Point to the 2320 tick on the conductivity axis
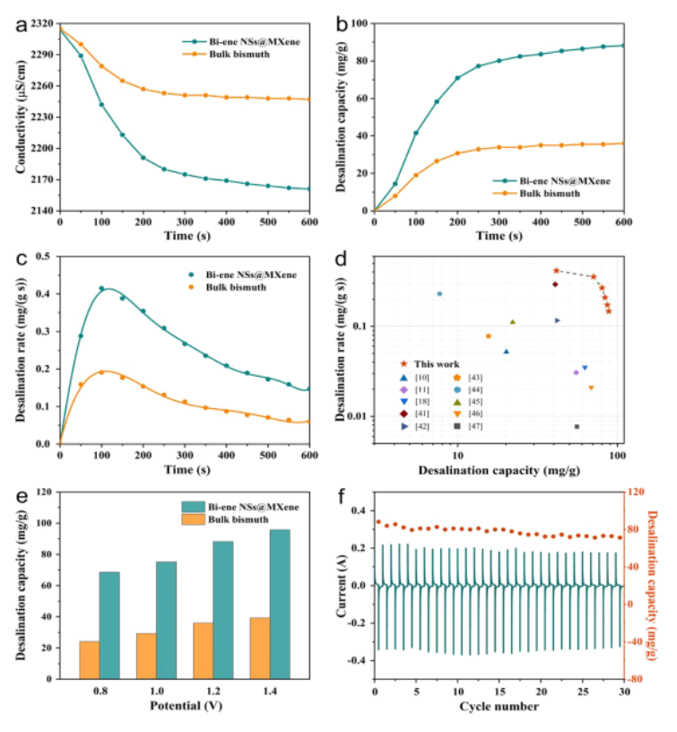(x=41, y=27)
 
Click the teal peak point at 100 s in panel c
(x=101, y=288)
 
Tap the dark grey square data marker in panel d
(x=577, y=426)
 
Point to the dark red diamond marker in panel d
(x=555, y=284)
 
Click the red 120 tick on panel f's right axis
(x=638, y=492)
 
